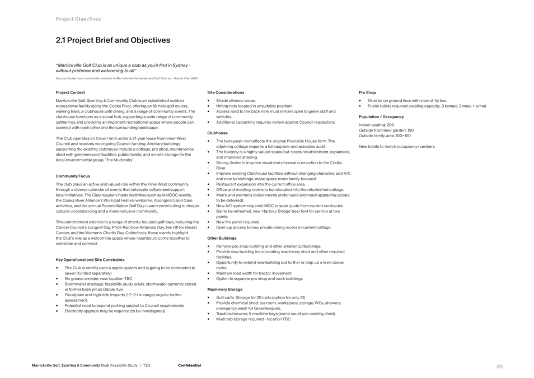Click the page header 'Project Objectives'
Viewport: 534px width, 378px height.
(x=78, y=19)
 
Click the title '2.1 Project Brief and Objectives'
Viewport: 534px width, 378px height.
(x=113, y=40)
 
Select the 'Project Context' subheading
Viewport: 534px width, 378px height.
(x=71, y=92)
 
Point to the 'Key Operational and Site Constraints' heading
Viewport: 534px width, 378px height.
(x=90, y=259)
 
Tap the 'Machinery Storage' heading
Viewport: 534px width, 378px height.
(x=227, y=289)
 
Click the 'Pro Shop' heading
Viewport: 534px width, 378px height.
(x=367, y=92)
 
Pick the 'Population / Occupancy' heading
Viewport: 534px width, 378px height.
(x=381, y=116)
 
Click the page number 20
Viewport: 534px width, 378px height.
(x=500, y=367)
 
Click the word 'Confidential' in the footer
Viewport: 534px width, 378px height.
(x=189, y=366)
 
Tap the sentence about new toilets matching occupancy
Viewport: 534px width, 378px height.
(x=397, y=146)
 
